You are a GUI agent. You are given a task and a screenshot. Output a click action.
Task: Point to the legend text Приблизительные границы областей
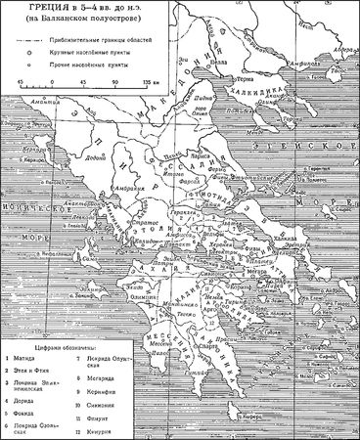(x=108, y=45)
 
